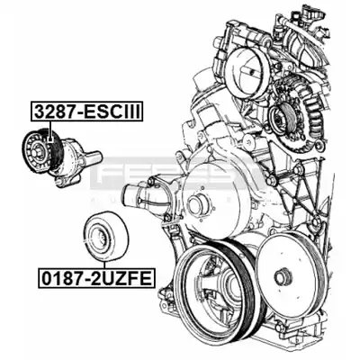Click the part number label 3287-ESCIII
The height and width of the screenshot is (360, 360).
click(x=86, y=112)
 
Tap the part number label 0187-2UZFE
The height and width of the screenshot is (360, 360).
click(x=96, y=278)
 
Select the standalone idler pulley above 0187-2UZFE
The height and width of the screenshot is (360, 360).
click(x=105, y=237)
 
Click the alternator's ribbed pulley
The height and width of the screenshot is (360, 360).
click(x=282, y=120)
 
